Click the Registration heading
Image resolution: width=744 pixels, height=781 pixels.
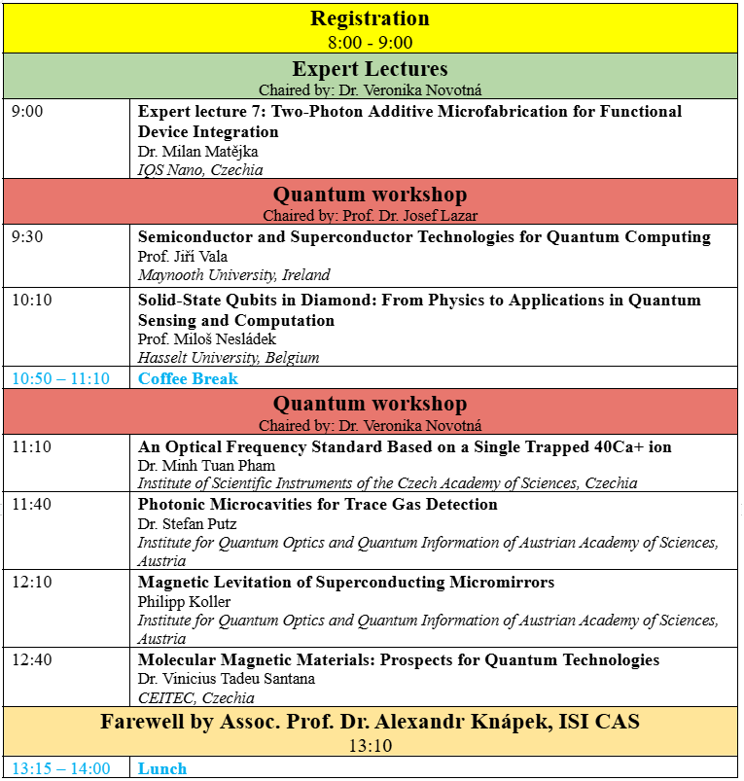[x=370, y=18]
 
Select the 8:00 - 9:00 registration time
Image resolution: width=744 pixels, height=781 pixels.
[x=370, y=42]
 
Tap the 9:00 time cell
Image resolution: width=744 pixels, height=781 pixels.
[x=27, y=112]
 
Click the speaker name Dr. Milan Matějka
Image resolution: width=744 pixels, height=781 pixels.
[x=197, y=152]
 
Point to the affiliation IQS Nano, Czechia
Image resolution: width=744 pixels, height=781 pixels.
[x=200, y=169]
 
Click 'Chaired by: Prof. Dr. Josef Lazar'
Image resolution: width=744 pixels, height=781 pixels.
[x=370, y=215]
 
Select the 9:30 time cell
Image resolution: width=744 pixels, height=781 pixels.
[x=27, y=237]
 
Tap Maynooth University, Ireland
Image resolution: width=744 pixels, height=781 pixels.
[x=233, y=275]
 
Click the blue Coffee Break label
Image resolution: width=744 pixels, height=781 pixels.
[x=188, y=378]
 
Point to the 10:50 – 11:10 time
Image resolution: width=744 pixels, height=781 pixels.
[x=60, y=378]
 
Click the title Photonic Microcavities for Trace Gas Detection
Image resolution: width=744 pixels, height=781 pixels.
[x=317, y=505]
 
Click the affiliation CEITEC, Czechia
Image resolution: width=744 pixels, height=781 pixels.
[x=195, y=697]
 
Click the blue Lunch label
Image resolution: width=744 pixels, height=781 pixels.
[x=161, y=768]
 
